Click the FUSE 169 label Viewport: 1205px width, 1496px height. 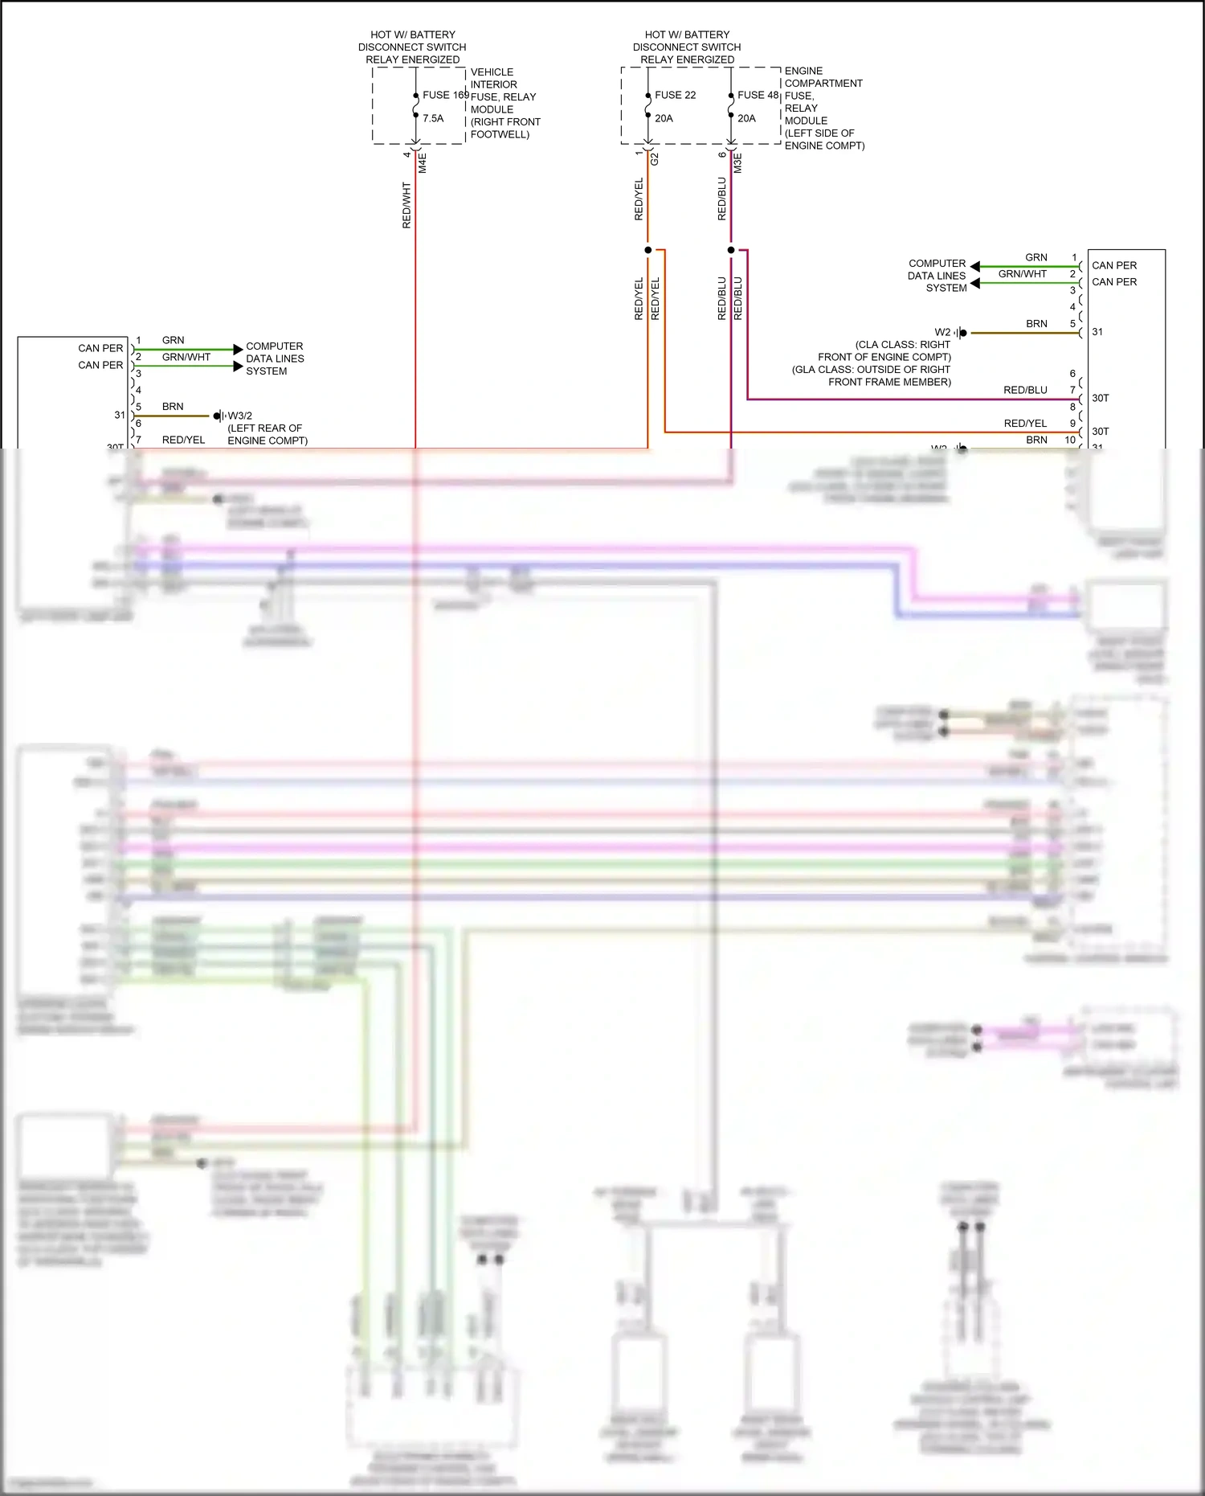pyautogui.click(x=446, y=95)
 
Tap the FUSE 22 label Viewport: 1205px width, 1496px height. pyautogui.click(x=675, y=95)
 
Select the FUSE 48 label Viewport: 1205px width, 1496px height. pyautogui.click(x=758, y=95)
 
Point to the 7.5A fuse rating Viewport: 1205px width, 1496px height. pyautogui.click(x=433, y=118)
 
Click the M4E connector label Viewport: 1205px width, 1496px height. pyautogui.click(x=423, y=163)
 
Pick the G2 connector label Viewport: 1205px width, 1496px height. pyautogui.click(x=655, y=159)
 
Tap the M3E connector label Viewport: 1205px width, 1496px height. pyautogui.click(x=738, y=163)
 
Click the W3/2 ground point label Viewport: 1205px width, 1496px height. pyautogui.click(x=240, y=416)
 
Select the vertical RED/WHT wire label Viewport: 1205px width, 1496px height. pyautogui.click(x=407, y=205)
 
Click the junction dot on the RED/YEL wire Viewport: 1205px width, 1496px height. pyautogui.click(x=648, y=250)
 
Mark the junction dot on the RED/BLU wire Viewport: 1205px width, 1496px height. pyautogui.click(x=731, y=250)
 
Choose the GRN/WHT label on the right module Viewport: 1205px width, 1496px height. pyautogui.click(x=1022, y=274)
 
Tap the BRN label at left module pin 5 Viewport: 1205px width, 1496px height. pyautogui.click(x=173, y=407)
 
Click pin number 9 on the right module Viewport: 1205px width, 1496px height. pyautogui.click(x=1072, y=424)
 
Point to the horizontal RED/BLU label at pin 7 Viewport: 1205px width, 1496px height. pyautogui.click(x=1025, y=390)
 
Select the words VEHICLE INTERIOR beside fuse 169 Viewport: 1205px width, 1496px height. pyautogui.click(x=493, y=78)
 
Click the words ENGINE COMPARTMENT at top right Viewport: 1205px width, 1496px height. pyautogui.click(x=823, y=77)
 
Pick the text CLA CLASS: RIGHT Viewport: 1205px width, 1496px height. pyautogui.click(x=903, y=345)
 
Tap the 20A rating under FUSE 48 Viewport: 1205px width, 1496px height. pyautogui.click(x=747, y=118)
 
